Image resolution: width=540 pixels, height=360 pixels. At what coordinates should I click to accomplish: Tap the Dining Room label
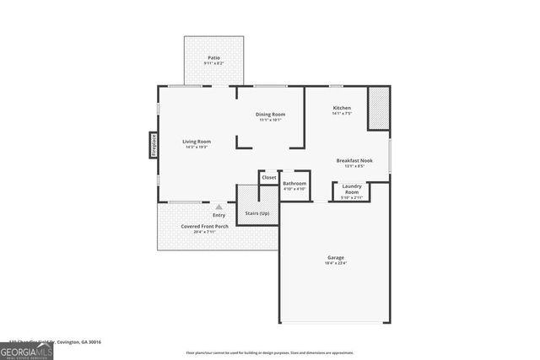[x=271, y=115]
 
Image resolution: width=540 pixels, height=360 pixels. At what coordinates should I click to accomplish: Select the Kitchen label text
[x=342, y=108]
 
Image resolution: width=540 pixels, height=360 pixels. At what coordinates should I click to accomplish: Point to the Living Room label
[x=197, y=141]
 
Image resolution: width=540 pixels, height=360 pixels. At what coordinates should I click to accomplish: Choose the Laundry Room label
[x=352, y=189]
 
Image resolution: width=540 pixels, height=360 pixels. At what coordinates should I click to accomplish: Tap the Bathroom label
[x=294, y=183]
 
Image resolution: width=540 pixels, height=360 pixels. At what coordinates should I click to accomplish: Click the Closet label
[x=269, y=177]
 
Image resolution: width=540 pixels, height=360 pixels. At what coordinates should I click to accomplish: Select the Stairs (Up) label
[x=257, y=214]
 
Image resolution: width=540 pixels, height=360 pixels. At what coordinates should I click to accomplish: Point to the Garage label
[x=336, y=257]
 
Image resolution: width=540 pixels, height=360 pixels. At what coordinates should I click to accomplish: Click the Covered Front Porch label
[x=204, y=226]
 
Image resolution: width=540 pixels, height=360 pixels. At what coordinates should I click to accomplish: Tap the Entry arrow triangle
[x=219, y=206]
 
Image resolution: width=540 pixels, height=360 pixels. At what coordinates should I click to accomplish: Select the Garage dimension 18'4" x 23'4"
[x=336, y=263]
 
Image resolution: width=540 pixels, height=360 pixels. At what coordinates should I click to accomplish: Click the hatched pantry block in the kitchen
[x=379, y=110]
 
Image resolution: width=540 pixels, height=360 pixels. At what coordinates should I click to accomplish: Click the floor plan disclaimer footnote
[x=270, y=352]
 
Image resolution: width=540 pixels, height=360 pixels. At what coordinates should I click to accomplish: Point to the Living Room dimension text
[x=197, y=148]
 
